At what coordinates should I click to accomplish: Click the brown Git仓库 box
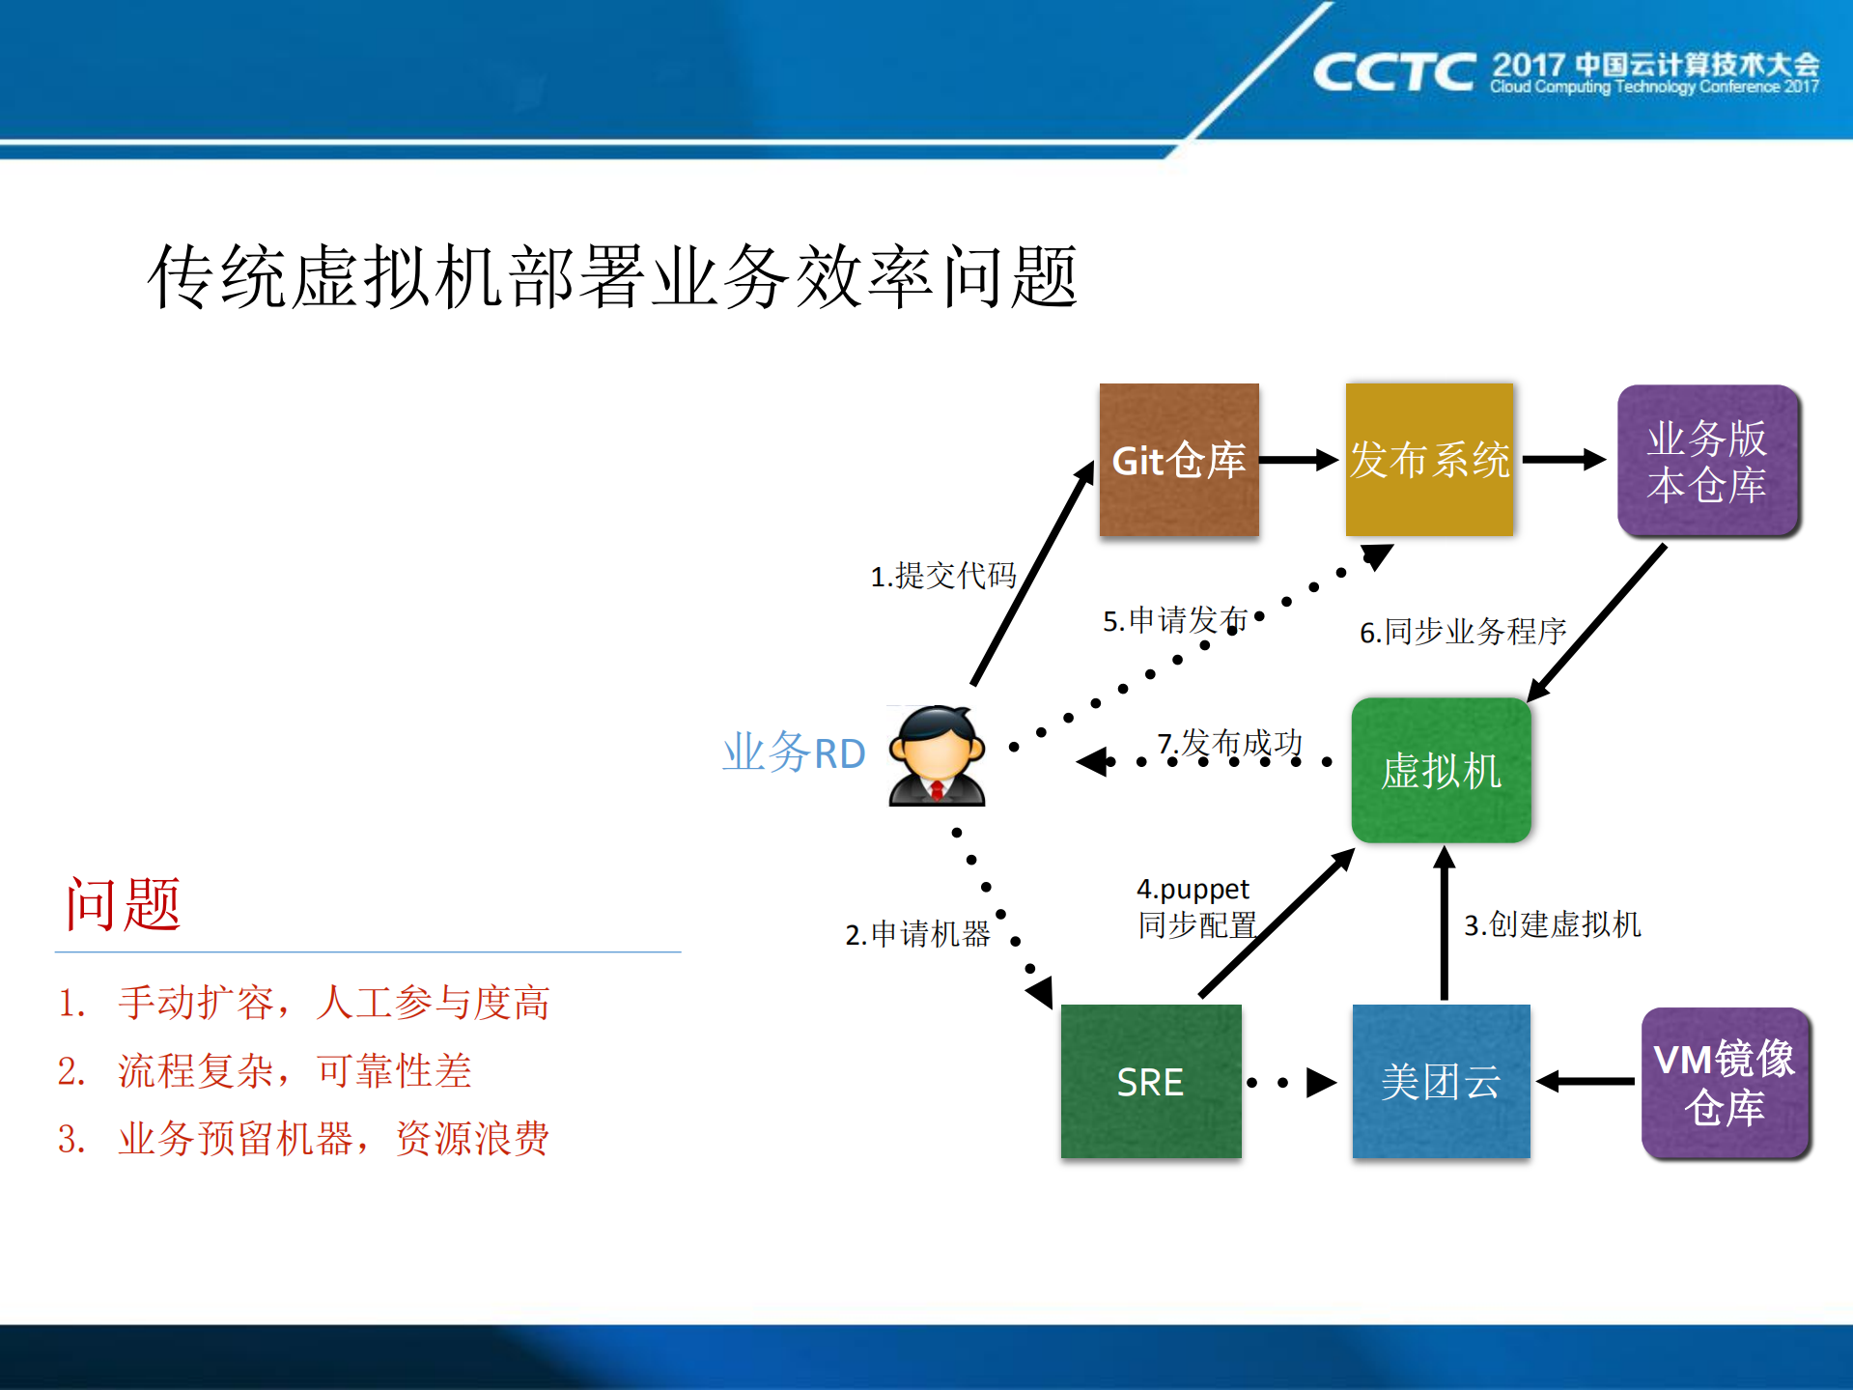[x=1178, y=460]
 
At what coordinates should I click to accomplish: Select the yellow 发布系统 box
[x=1429, y=460]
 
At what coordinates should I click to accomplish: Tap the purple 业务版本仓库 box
[x=1707, y=461]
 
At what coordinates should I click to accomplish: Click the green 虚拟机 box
[x=1441, y=771]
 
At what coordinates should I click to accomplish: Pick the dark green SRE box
[x=1150, y=1081]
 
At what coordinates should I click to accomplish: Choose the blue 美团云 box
[x=1441, y=1081]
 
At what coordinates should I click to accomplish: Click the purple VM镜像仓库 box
[x=1725, y=1083]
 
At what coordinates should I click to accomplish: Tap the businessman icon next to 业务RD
[x=937, y=755]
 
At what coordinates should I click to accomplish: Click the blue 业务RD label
[x=794, y=752]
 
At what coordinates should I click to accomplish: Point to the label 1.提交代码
[x=943, y=576]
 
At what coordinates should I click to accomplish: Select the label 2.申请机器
[x=917, y=934]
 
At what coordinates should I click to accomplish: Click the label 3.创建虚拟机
[x=1552, y=924]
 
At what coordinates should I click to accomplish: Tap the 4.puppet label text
[x=1193, y=889]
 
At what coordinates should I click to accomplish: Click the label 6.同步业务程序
[x=1462, y=632]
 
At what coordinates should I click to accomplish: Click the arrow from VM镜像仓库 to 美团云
[x=1584, y=1082]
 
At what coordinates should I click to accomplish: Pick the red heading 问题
[x=123, y=905]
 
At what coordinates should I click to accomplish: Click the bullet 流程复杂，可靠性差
[x=294, y=1071]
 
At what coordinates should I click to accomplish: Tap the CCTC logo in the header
[x=1392, y=73]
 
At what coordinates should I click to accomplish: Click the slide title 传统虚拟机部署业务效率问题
[x=612, y=278]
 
